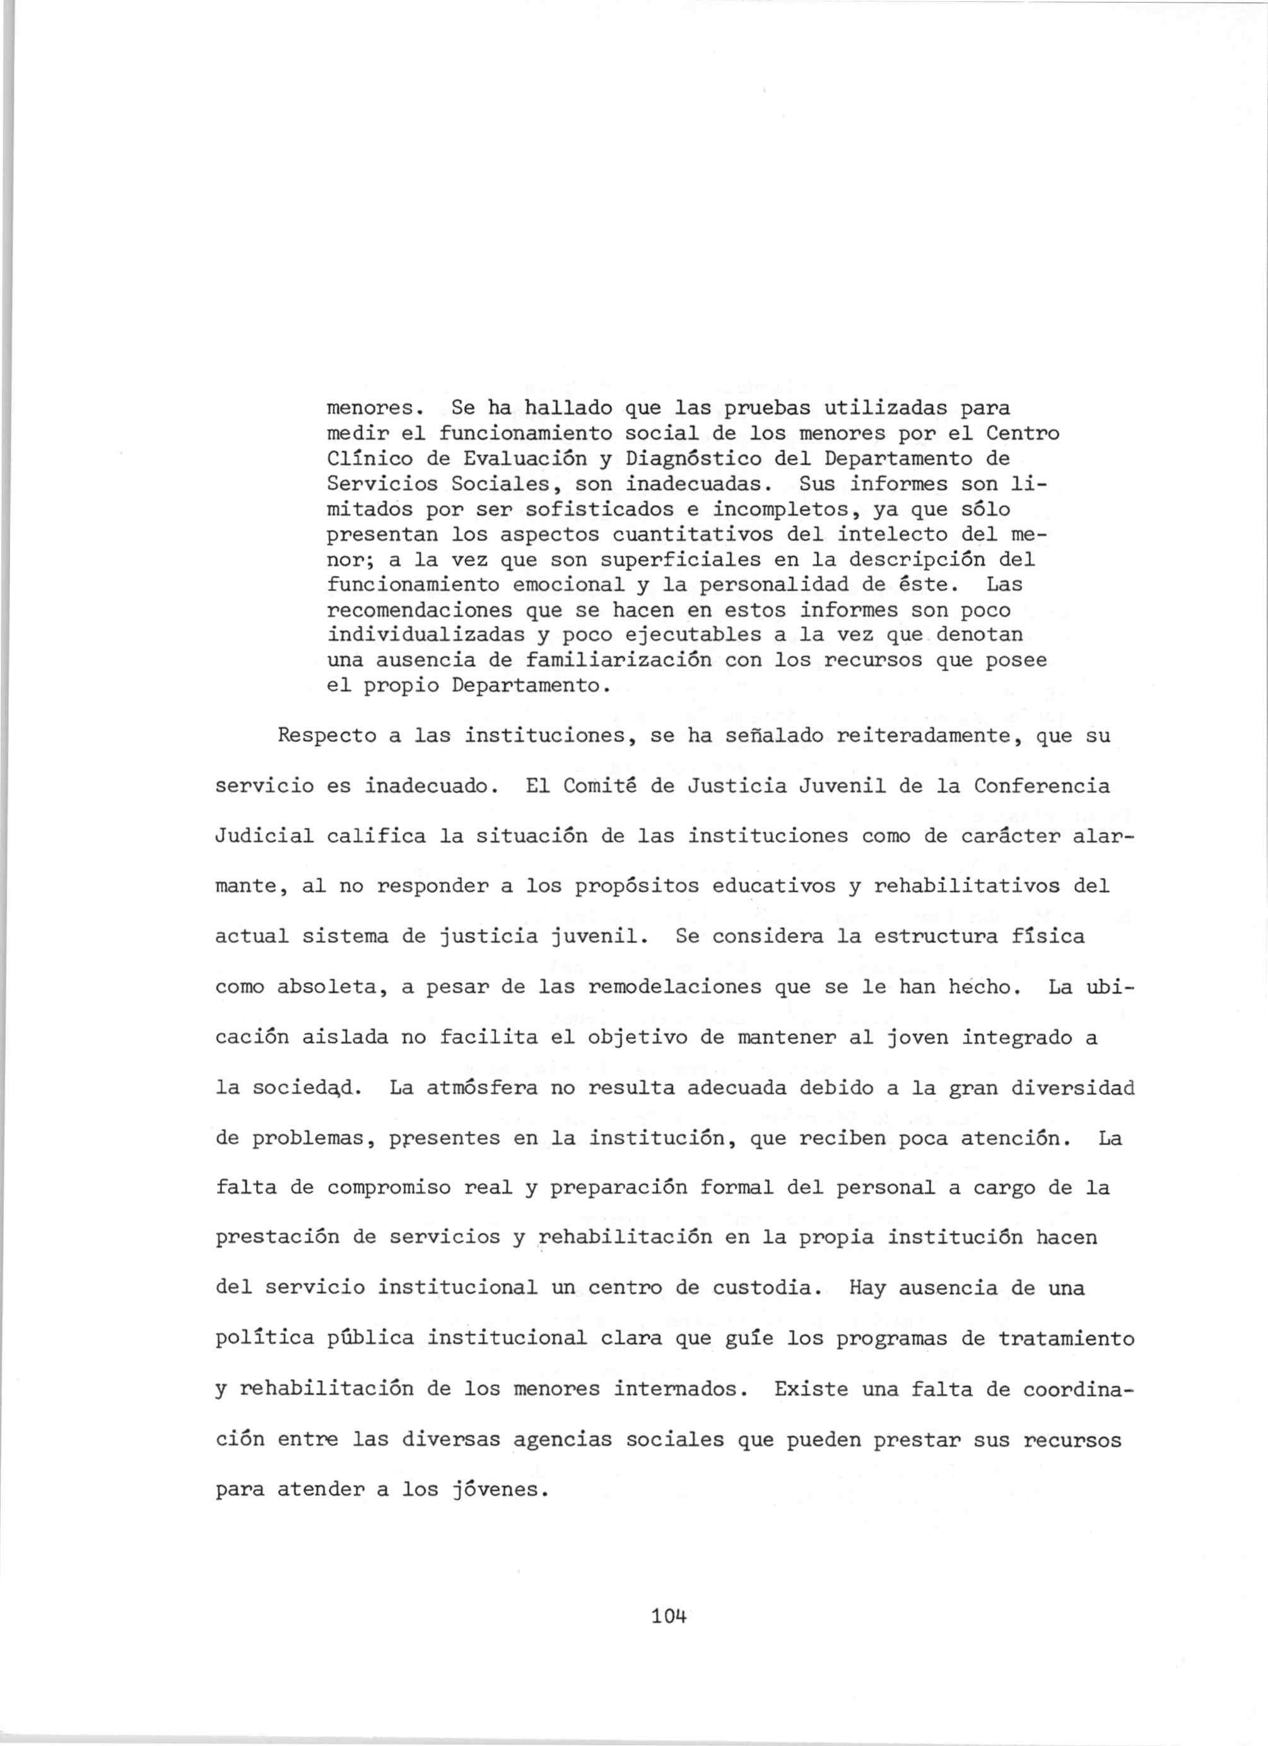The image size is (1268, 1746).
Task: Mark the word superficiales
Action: (680, 560)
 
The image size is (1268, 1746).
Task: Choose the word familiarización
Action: (618, 660)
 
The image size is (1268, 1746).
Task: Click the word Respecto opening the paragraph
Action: (326, 736)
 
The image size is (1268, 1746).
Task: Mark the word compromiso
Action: (388, 1188)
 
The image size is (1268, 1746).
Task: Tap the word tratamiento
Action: (1065, 1339)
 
